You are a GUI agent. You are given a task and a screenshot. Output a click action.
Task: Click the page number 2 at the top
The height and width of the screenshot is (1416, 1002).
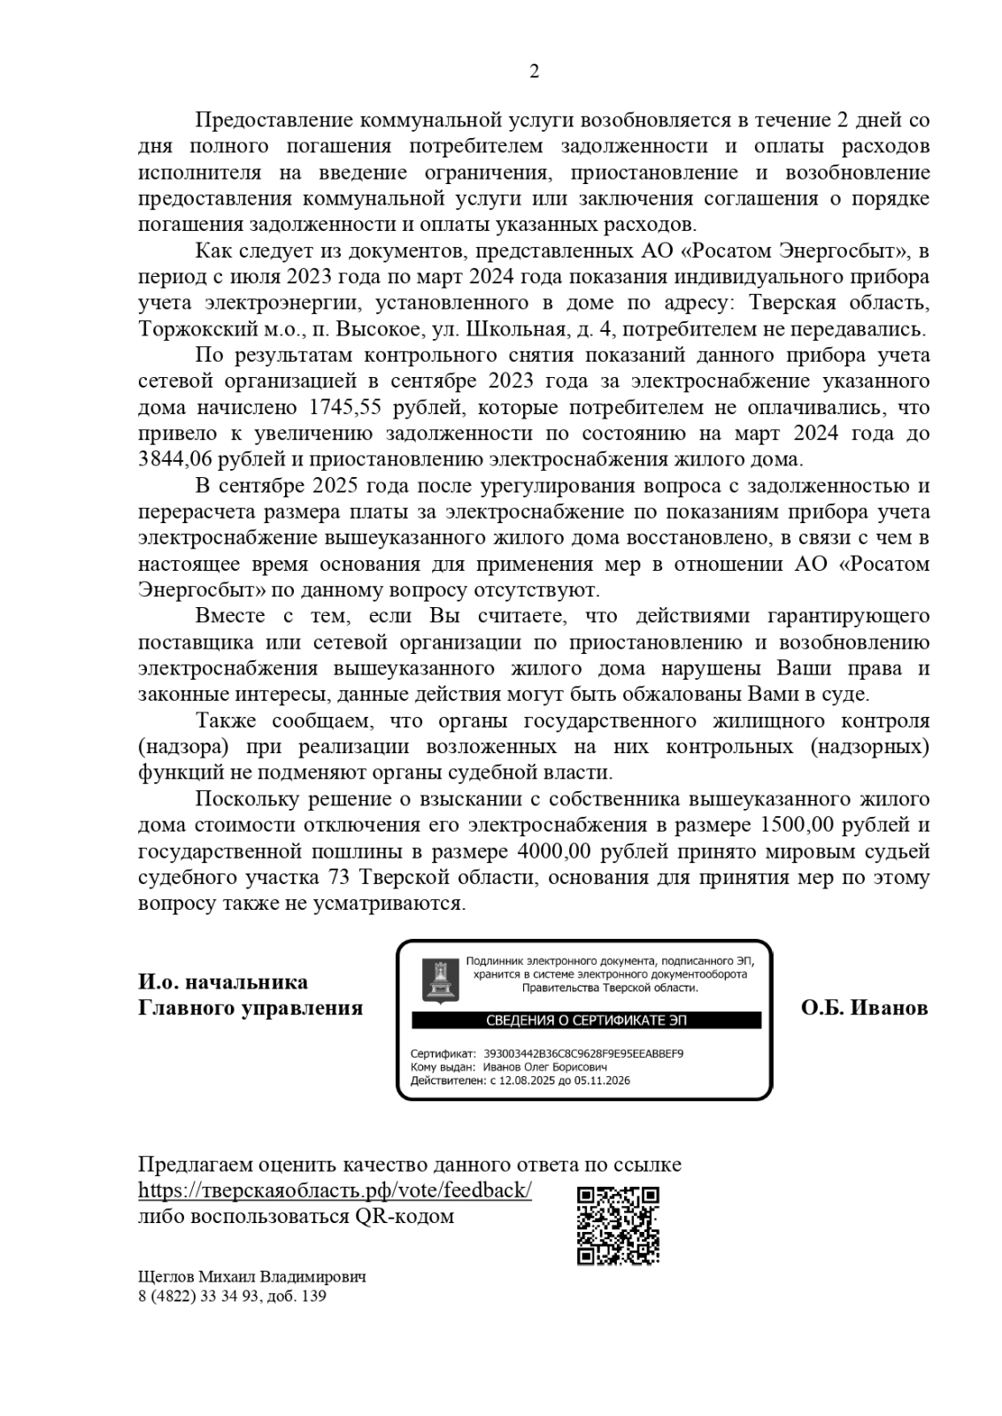tap(534, 73)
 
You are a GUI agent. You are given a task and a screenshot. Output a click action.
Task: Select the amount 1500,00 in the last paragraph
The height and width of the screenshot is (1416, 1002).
tap(796, 826)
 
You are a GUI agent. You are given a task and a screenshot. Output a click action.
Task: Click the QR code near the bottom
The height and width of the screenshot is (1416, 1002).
tap(618, 1225)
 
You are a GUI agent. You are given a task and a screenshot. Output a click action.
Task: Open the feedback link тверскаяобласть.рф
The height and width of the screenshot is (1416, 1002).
tap(335, 1190)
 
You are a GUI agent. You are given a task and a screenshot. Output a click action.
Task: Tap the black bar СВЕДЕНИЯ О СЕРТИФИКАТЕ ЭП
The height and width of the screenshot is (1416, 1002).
tap(586, 1020)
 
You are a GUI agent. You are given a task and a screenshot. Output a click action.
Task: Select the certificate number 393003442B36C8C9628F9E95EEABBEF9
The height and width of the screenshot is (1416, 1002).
tap(583, 1054)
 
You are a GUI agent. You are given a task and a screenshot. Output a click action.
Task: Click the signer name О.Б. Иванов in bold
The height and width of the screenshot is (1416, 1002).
tap(864, 1008)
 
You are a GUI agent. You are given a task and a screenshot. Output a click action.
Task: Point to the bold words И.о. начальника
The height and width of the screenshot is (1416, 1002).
tap(223, 981)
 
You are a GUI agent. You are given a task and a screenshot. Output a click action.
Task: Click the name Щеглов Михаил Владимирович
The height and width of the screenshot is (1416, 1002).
tap(252, 1277)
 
